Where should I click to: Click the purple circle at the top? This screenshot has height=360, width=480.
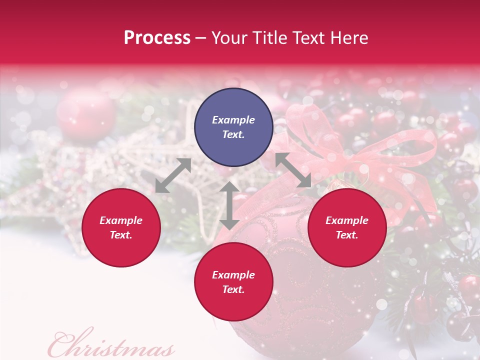233,127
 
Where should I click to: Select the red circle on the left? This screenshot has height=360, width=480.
121,227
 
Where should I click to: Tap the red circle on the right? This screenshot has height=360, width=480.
347,227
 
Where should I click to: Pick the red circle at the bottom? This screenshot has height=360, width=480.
233,281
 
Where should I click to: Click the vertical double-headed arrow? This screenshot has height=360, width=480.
229,205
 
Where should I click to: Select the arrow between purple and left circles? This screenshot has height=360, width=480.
173,175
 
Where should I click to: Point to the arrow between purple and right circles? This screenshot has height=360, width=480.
293,170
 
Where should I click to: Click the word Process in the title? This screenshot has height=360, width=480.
157,38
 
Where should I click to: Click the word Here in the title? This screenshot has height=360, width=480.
349,38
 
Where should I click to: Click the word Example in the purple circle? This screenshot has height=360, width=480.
233,120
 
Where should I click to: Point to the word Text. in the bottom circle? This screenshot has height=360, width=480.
233,289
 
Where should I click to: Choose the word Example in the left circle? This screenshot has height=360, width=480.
121,220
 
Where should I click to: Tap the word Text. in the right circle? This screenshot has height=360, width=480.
347,235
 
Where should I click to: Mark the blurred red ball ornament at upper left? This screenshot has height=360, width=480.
86,115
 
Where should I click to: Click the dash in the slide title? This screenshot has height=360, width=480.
201,38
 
